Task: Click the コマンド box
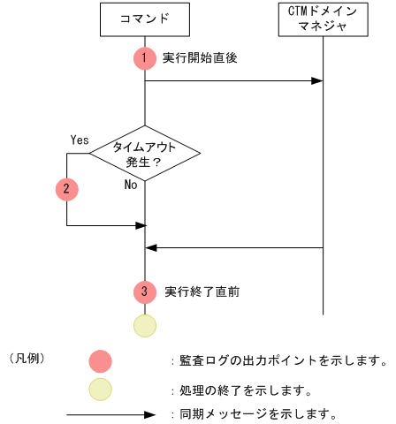(x=144, y=19)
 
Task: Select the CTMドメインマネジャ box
(x=323, y=19)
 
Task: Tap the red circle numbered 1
(x=144, y=58)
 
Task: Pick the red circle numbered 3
(x=144, y=291)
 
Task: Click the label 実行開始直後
(x=200, y=58)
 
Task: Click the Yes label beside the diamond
(x=80, y=139)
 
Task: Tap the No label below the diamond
(x=131, y=185)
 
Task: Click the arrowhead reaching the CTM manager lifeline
(x=317, y=81)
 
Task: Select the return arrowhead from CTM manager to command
(x=151, y=248)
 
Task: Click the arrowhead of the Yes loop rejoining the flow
(x=139, y=225)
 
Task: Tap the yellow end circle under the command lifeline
(x=144, y=324)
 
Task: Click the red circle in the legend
(x=101, y=360)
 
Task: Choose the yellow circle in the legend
(x=101, y=389)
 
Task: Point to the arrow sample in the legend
(x=110, y=413)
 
